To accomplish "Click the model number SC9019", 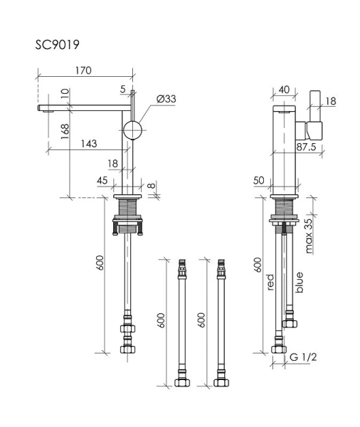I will (x=58, y=44).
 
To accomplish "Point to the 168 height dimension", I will (x=65, y=135).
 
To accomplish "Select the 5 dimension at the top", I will (x=123, y=89).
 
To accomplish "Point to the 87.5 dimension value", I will (x=307, y=147).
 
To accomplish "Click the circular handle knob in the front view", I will (x=133, y=130).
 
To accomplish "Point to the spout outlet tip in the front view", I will (x=46, y=110).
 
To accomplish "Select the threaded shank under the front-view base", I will (x=129, y=211).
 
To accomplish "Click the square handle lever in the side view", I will (x=314, y=130).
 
